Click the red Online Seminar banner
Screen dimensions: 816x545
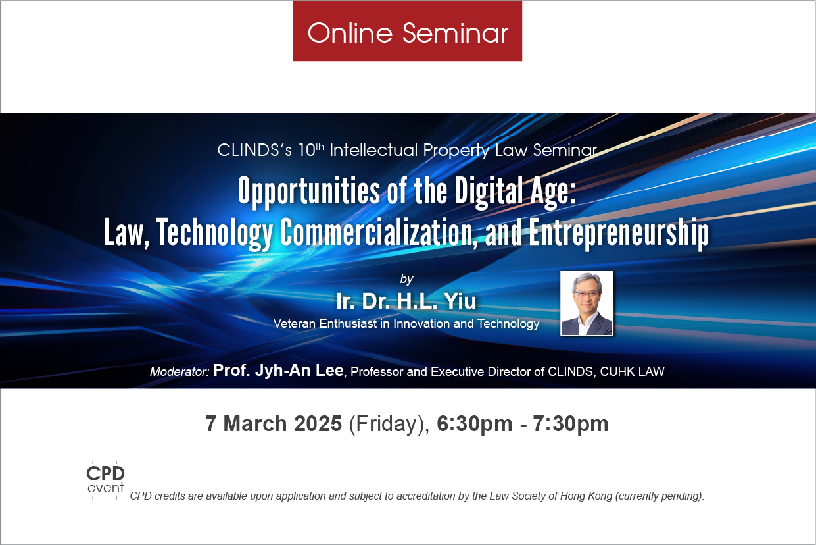pos(407,31)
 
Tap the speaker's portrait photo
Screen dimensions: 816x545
pos(587,303)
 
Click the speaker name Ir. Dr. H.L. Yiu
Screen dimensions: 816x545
pos(406,301)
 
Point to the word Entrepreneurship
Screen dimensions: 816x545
pos(619,233)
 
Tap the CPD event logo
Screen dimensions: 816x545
pos(105,480)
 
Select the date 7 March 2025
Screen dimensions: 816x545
pos(274,424)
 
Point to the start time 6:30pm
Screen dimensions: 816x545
pos(474,424)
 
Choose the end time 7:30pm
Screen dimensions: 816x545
pos(571,424)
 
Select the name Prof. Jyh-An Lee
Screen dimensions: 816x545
pos(278,371)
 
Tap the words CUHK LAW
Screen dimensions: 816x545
pos(632,371)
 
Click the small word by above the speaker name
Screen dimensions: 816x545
pos(406,279)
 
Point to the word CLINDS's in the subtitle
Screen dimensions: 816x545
pos(254,150)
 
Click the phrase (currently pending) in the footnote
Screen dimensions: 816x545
pos(660,496)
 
